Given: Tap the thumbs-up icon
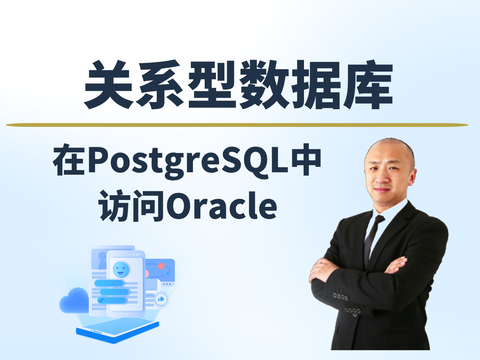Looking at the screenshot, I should pos(161,298).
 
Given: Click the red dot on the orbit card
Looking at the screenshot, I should pos(161,266).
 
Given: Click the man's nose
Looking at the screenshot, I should pos(384,178).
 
